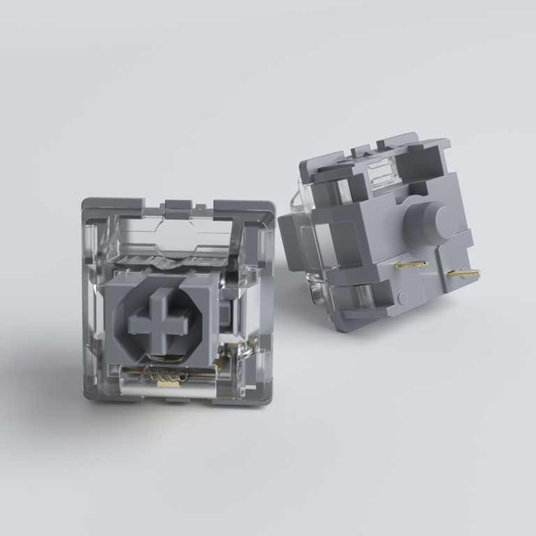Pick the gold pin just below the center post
[412, 265]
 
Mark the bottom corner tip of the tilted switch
[341, 327]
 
